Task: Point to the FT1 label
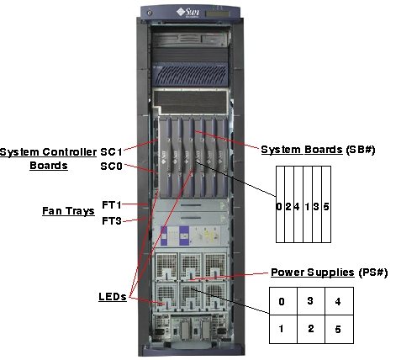(113, 204)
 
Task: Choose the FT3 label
(113, 220)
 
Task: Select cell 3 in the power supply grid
(311, 301)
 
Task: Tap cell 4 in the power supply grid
(339, 301)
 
